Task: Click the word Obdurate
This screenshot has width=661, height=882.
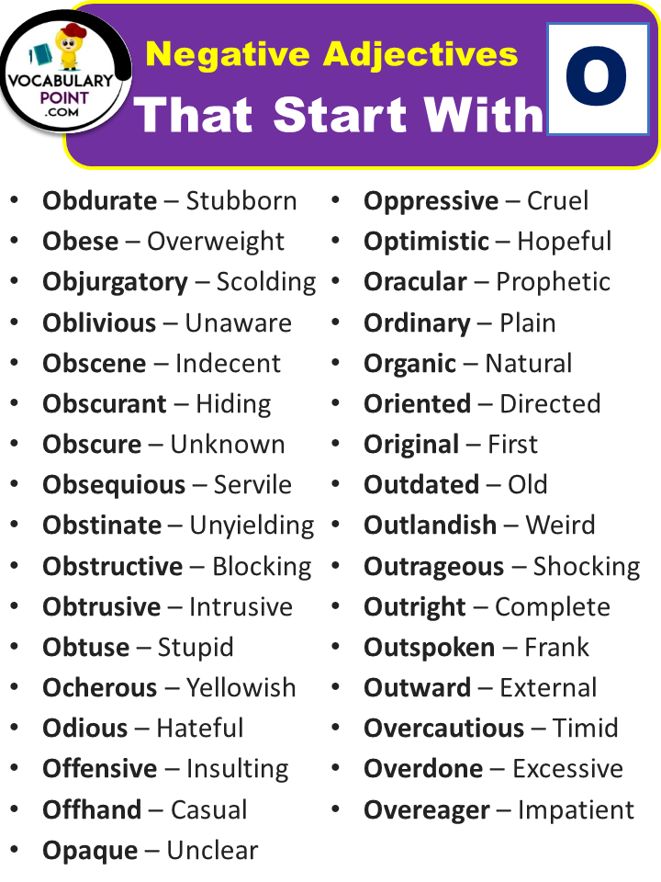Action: coord(99,201)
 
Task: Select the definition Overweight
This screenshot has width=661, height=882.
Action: coord(216,242)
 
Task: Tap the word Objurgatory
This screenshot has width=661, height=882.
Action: coord(115,282)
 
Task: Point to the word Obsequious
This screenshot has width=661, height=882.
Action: coord(114,485)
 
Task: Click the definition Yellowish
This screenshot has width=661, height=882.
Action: coord(241,687)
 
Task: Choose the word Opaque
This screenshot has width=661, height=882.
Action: coord(90,851)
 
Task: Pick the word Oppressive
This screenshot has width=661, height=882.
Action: coord(431,201)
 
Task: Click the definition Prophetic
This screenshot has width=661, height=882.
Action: coord(553,282)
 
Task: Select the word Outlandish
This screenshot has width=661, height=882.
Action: coord(430,525)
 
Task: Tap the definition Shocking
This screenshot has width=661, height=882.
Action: coord(587,567)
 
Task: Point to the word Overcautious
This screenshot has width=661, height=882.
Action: coord(444,728)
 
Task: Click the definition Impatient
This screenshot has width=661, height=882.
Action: coord(576,810)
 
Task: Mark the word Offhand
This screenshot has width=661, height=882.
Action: coord(92,809)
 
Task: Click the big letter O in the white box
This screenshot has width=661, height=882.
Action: coord(596,76)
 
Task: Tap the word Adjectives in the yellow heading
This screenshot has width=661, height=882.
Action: coord(420,55)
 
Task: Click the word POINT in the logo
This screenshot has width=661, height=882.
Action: coord(64,98)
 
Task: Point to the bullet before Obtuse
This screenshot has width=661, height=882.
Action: coord(15,647)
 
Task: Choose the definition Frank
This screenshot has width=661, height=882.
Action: coord(556,648)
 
